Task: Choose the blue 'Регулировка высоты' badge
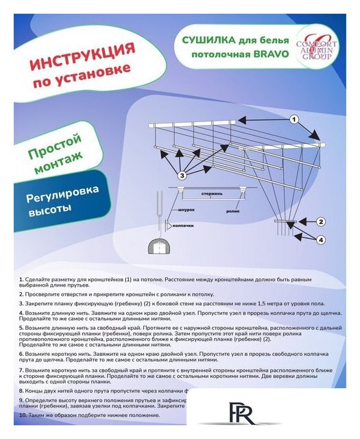coord(54,203)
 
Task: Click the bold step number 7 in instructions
coord(21,369)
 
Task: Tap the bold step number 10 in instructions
coord(23,415)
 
